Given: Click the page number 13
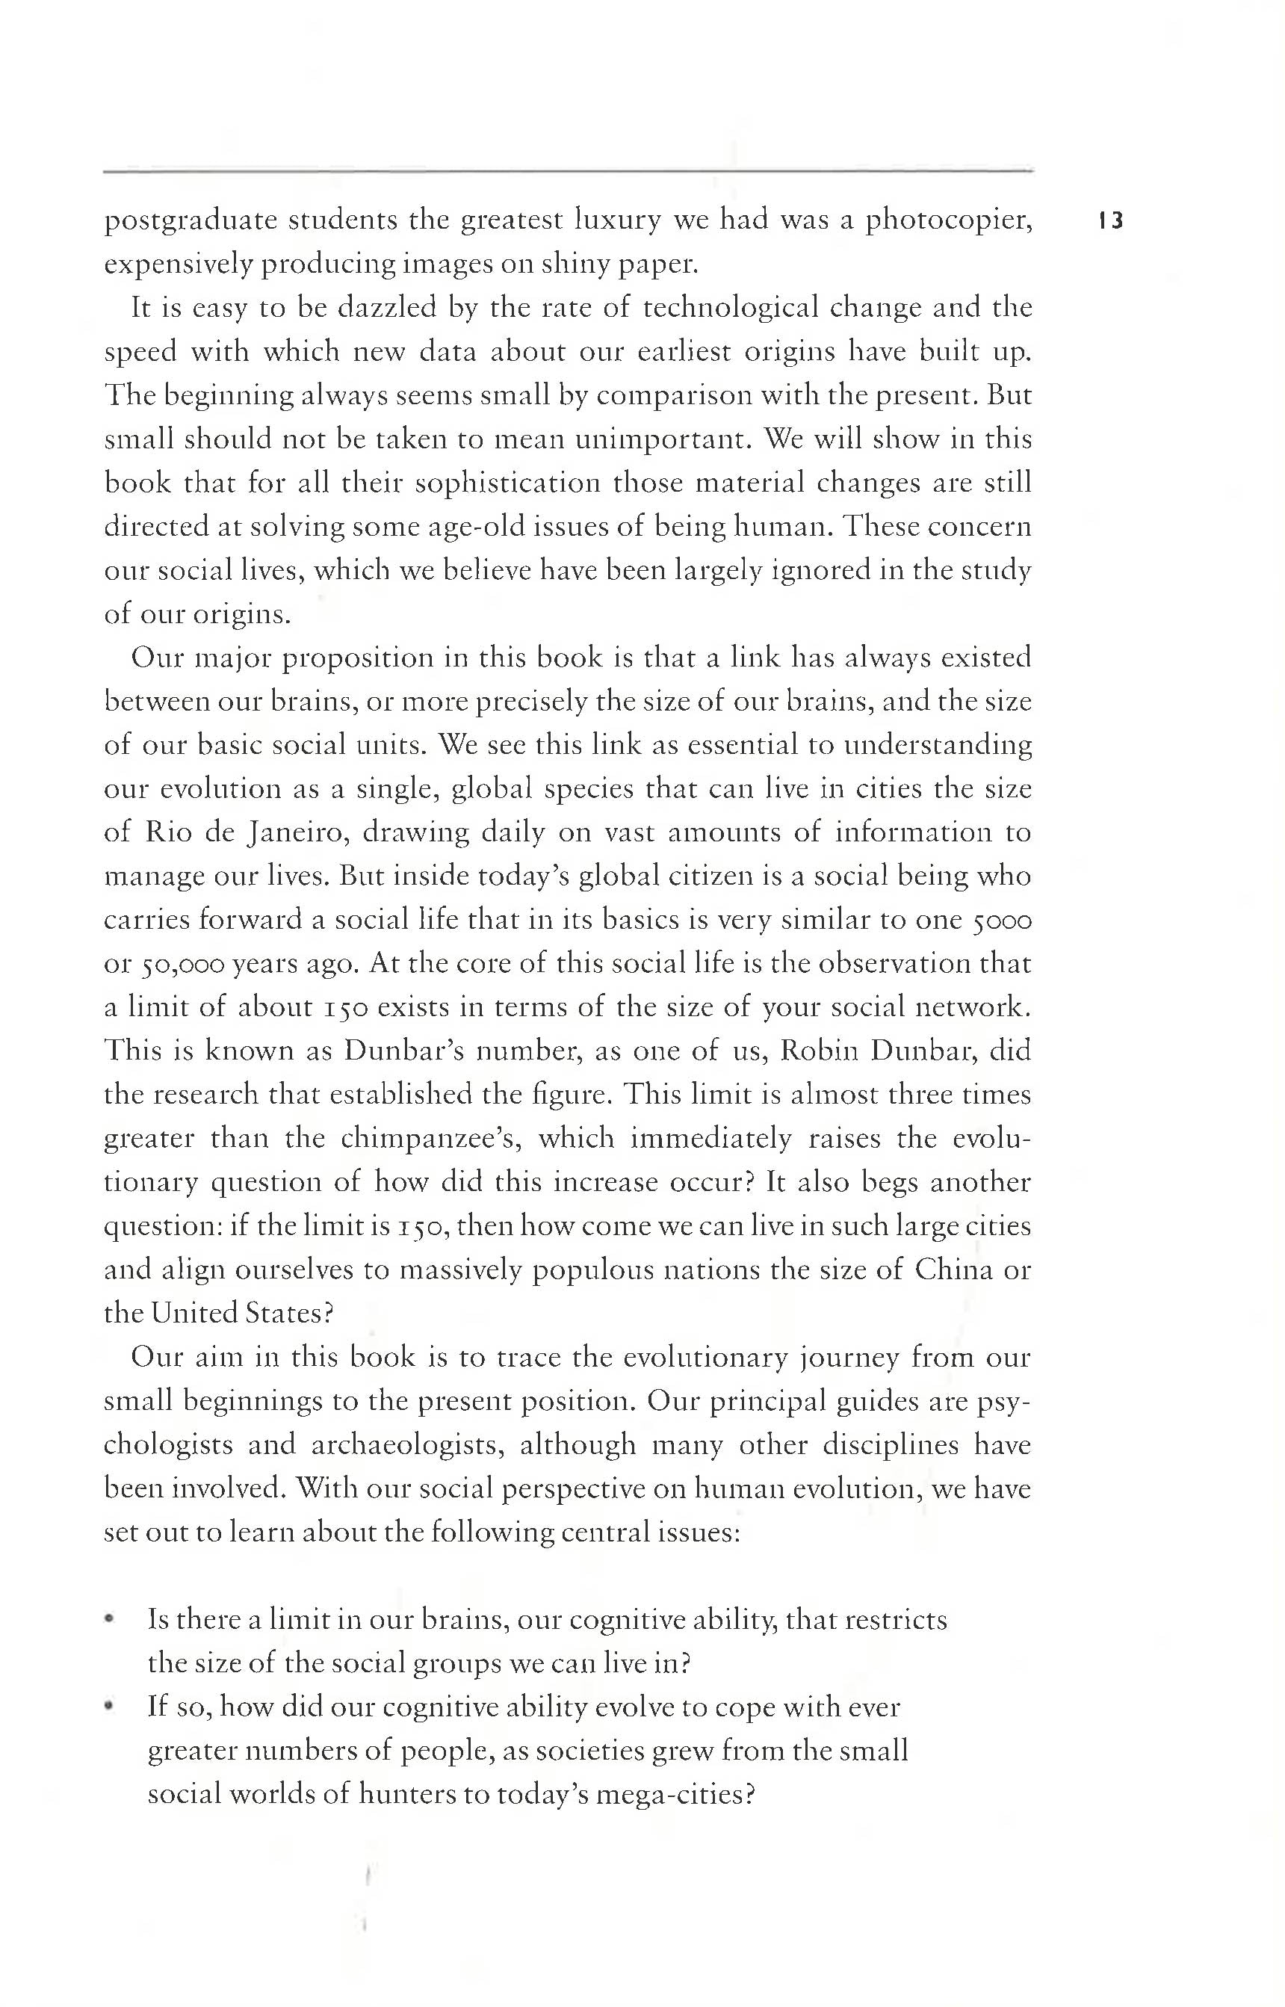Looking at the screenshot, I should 1112,221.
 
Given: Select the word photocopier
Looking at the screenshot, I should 948,221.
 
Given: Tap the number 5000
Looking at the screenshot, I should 1002,921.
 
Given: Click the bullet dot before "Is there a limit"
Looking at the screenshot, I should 108,1621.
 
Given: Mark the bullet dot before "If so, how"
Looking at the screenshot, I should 108,1708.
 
